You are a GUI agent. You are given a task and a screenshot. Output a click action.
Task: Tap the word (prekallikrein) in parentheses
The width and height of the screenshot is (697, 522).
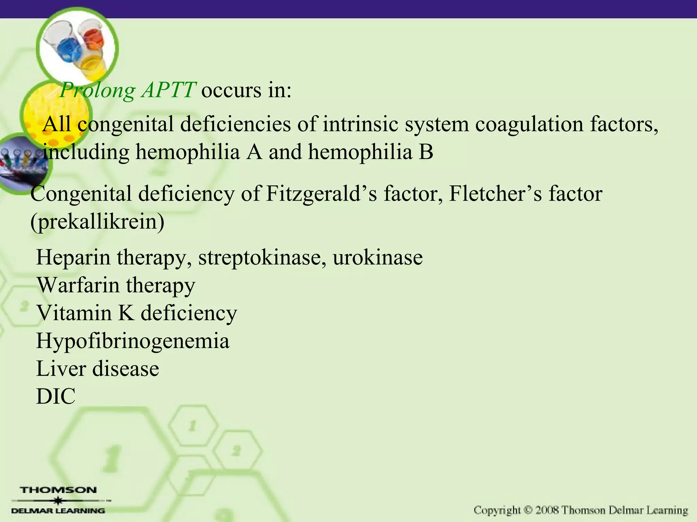tap(97, 222)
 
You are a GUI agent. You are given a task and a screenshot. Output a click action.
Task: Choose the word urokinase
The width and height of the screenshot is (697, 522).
tap(377, 258)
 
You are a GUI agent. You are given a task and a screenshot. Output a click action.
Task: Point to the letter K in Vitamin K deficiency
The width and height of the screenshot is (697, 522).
tap(126, 313)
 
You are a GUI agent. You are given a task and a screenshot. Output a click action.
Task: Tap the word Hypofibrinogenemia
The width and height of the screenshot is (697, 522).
tap(133, 341)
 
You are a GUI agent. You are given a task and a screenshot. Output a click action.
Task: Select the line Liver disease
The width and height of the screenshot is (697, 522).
tap(97, 369)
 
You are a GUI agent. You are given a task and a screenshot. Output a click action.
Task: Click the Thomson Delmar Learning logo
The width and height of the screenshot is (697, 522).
tap(59, 500)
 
